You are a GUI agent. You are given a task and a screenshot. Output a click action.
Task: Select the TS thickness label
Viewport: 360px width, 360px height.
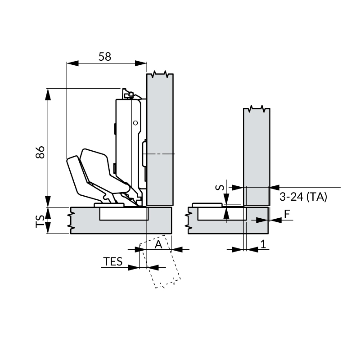coord(40,220)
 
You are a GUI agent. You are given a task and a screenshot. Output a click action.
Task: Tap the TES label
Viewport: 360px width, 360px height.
coord(113,261)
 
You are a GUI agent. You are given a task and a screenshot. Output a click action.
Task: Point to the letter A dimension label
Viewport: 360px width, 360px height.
coord(158,244)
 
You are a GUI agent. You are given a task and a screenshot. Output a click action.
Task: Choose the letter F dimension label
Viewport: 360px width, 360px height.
coord(287,215)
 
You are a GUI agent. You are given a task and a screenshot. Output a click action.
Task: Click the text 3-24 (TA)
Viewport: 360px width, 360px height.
coord(303,197)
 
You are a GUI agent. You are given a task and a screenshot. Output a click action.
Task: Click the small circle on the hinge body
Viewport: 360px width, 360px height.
coord(134,122)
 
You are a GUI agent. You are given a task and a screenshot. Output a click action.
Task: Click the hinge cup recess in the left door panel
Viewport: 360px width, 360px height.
coord(123,214)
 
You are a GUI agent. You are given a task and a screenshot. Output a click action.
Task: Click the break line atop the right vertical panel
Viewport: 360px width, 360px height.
coord(256,109)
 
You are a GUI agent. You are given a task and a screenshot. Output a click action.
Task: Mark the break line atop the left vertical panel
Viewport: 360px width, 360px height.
coord(160,74)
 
